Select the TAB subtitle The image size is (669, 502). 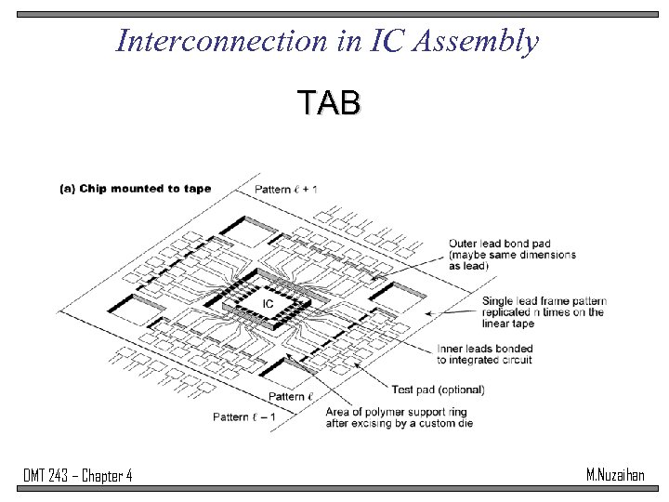[328, 103]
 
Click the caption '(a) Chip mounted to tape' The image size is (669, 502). [135, 189]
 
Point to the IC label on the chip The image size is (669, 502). [267, 304]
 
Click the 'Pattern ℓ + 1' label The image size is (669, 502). [286, 189]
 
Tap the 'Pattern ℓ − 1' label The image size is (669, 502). [244, 416]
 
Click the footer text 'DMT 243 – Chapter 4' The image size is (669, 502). [78, 477]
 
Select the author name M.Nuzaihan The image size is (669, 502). [615, 475]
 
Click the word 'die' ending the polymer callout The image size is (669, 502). [464, 423]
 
